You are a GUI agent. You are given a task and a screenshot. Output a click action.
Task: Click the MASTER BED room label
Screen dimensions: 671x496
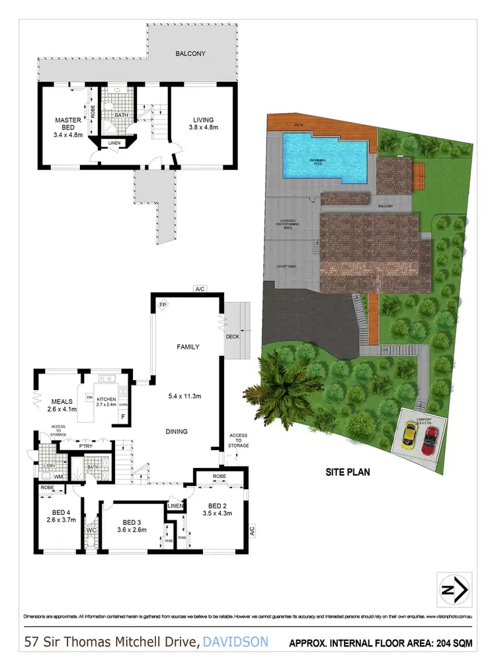[x=67, y=124]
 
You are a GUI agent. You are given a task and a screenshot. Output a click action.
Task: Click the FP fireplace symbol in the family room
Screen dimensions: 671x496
[x=163, y=305]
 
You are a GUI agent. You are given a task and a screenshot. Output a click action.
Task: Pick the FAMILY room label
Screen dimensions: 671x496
[x=187, y=346]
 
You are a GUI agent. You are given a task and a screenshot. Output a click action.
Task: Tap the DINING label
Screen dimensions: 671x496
[x=177, y=432]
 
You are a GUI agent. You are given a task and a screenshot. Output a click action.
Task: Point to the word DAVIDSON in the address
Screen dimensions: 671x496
[x=236, y=641]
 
